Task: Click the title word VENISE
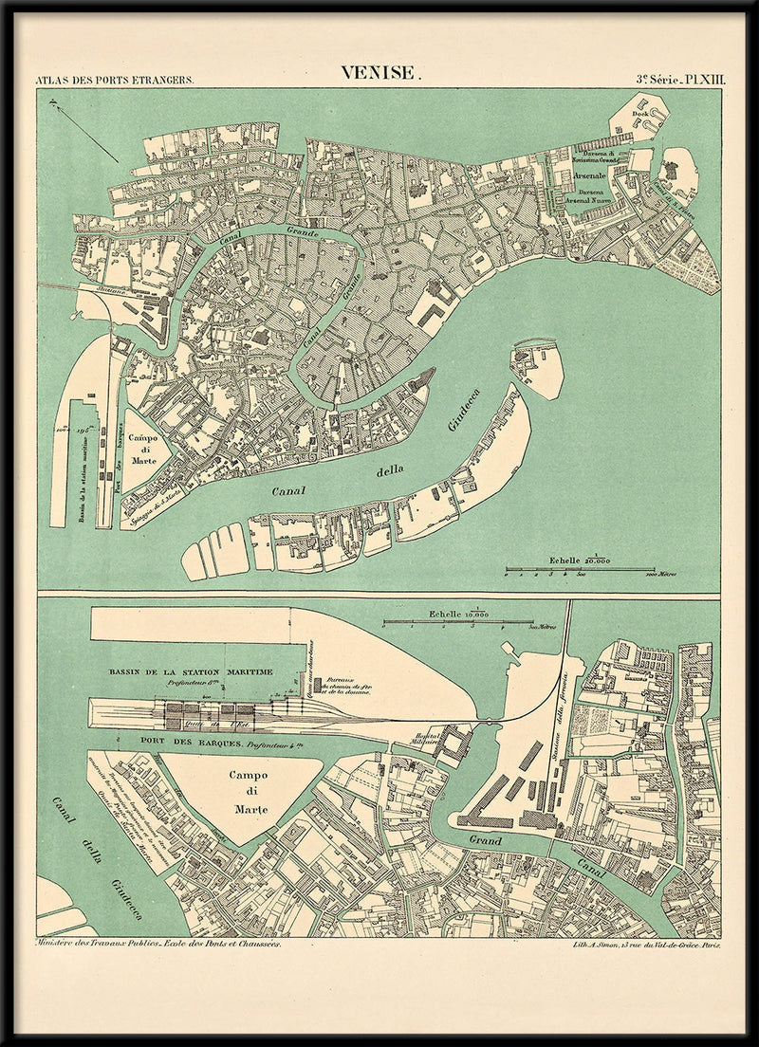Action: click(x=379, y=73)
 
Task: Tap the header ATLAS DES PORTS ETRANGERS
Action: click(x=114, y=81)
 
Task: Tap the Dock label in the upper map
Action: click(x=639, y=113)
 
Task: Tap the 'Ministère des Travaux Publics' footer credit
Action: click(x=157, y=946)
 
